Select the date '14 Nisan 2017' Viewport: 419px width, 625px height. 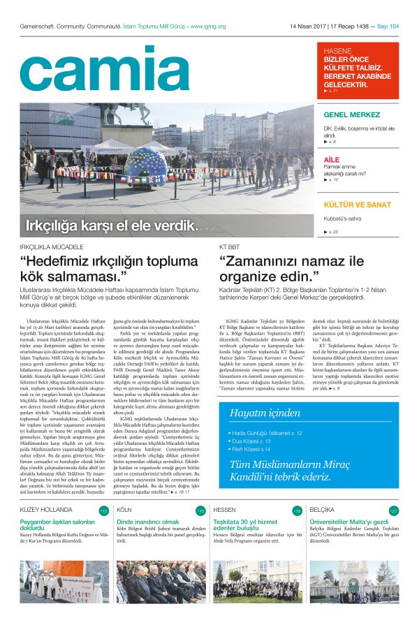point(308,27)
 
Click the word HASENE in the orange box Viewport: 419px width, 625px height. point(337,51)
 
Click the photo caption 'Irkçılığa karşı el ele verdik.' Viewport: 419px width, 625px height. point(109,226)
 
